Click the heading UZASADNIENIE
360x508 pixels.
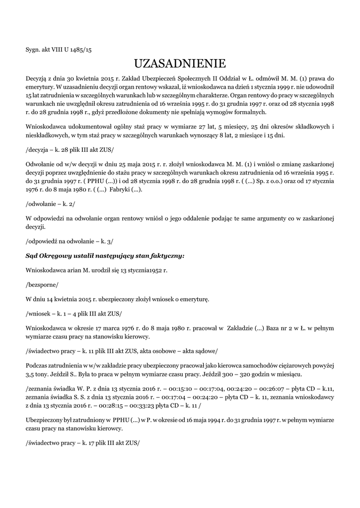pos(180,64)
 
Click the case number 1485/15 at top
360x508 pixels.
pos(81,50)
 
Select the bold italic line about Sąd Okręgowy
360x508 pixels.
pos(105,255)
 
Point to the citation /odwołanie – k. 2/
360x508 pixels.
pos(50,204)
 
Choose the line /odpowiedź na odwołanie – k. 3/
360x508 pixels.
pos(69,241)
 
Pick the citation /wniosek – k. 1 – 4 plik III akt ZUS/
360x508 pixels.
pos(73,314)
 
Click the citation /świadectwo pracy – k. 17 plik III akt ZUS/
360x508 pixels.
pos(82,442)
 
